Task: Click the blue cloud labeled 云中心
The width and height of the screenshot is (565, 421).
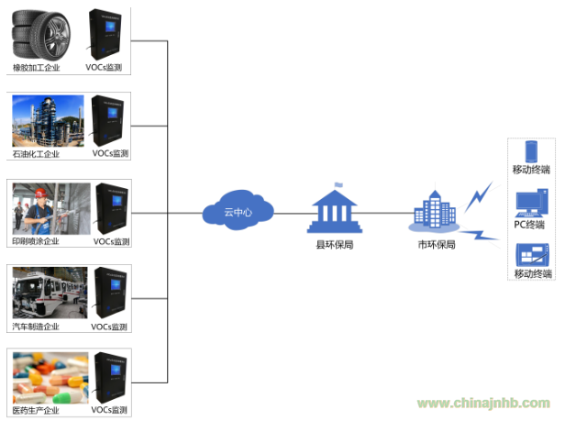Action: pos(238,211)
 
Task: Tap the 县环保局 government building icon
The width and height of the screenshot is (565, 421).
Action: pos(335,209)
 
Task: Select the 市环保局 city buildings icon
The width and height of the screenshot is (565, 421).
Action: pos(435,212)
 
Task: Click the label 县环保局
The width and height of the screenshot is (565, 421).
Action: pos(335,245)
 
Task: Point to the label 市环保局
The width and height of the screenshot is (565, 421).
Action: pos(437,245)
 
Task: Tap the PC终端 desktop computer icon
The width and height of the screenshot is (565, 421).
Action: pos(532,203)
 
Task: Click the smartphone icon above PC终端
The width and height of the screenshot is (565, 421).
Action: pos(531,151)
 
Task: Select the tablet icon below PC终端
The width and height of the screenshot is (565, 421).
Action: pos(533,255)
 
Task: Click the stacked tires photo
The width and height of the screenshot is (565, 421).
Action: pos(41,36)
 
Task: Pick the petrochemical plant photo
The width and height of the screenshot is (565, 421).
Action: pos(48,121)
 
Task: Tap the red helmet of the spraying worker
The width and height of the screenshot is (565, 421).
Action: pos(40,193)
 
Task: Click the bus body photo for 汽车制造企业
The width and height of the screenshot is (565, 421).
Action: pos(50,293)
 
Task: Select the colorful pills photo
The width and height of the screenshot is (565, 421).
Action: pos(50,378)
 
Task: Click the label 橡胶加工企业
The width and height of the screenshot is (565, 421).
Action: pos(36,68)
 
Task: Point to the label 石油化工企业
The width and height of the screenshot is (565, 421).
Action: pos(36,154)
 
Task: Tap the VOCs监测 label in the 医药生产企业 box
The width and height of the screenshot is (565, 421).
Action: pos(109,410)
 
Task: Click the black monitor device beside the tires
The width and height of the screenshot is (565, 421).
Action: pos(105,35)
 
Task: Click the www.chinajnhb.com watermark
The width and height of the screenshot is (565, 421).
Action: pos(483,403)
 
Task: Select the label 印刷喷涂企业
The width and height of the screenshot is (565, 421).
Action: pos(35,241)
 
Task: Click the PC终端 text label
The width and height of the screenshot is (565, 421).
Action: pos(529,225)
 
